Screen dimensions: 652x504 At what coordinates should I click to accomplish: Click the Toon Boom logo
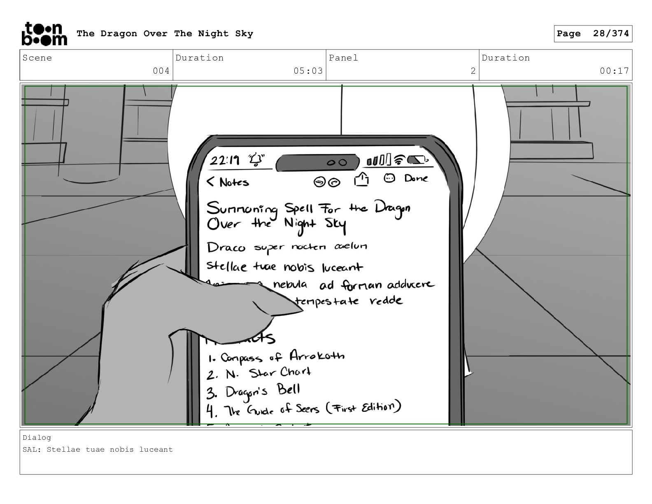coord(44,34)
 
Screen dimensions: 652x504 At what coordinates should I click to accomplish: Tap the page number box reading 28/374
coord(593,34)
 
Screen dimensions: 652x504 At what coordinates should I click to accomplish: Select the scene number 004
coord(161,71)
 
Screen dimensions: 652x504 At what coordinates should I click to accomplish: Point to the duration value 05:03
coord(308,71)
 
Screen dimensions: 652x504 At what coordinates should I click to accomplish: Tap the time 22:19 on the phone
coord(225,160)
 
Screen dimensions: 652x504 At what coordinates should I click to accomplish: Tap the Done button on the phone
coord(416,178)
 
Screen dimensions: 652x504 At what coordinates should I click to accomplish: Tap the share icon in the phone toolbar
coord(361,179)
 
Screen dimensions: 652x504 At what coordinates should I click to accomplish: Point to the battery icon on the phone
coord(417,159)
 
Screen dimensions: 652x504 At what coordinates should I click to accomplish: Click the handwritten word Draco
coord(226,247)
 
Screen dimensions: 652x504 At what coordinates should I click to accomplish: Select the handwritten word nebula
coord(290,285)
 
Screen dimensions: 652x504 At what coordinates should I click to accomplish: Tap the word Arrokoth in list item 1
coord(317,356)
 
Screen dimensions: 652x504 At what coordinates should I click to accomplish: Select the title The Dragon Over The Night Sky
coord(165,34)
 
